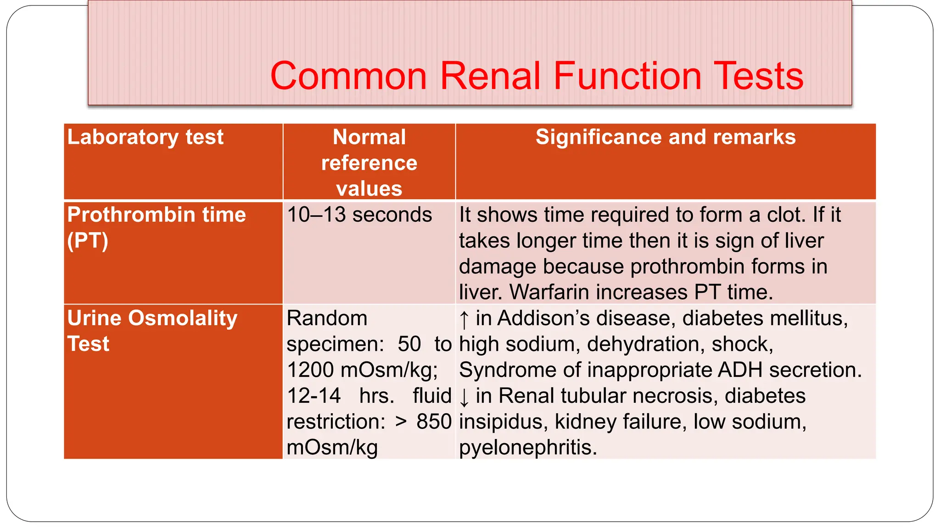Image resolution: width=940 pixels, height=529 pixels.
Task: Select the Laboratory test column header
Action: point(145,137)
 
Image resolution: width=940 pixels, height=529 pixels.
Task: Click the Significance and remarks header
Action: point(665,137)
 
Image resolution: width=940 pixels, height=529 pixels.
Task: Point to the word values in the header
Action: point(369,189)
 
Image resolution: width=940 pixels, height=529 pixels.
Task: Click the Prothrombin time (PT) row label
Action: point(156,227)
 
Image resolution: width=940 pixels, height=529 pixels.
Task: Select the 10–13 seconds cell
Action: point(359,215)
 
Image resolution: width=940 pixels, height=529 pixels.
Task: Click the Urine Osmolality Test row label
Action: point(152,331)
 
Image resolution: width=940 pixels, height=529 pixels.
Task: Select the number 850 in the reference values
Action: point(434,422)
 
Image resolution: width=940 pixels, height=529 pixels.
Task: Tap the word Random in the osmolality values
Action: point(327,318)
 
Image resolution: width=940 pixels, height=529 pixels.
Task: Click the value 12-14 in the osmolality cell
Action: point(313,396)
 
